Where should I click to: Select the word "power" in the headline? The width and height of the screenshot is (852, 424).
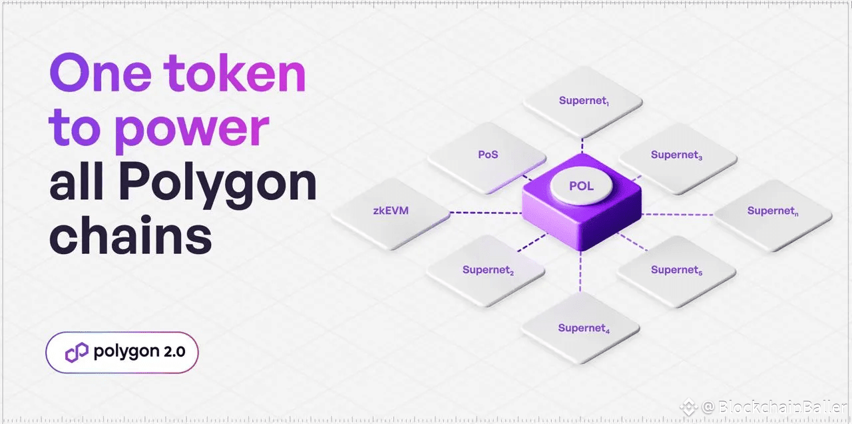tap(192, 129)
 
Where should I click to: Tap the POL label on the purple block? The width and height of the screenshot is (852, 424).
tap(580, 185)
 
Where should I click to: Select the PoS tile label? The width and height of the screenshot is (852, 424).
tap(488, 155)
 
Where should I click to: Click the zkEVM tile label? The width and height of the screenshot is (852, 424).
tap(391, 211)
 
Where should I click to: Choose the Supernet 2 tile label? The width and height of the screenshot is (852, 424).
tap(488, 271)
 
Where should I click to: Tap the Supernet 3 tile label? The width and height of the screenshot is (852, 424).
tap(676, 155)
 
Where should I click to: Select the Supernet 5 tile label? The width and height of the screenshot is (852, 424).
tap(676, 270)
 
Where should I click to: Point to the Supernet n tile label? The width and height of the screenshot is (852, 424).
tap(772, 211)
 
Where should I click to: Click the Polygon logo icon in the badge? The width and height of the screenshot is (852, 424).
tap(77, 352)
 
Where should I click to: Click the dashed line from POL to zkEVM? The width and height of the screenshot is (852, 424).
tap(486, 213)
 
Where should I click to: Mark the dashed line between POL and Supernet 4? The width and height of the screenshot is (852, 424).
tap(580, 273)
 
